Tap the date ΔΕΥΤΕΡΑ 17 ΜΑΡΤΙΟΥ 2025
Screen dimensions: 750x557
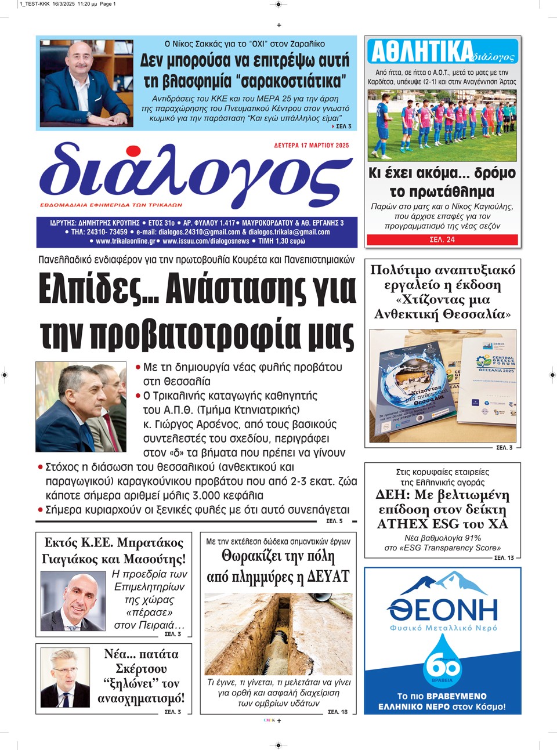(x=312, y=146)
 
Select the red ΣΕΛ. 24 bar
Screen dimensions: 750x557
(x=442, y=240)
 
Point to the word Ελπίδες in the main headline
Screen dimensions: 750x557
(x=91, y=288)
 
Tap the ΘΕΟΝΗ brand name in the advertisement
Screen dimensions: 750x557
(x=442, y=610)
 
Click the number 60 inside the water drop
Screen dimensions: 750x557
(x=443, y=667)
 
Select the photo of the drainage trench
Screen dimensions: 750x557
(x=278, y=633)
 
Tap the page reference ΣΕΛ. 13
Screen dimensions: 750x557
(x=504, y=557)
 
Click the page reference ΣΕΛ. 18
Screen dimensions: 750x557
(x=338, y=712)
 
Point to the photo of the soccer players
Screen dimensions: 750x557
(x=442, y=125)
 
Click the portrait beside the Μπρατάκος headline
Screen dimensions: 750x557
(x=73, y=602)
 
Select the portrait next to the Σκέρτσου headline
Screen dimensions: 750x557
(x=65, y=677)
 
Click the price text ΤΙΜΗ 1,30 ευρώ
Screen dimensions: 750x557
(x=281, y=241)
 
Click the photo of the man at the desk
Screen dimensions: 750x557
(x=86, y=84)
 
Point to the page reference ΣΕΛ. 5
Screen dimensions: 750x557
(x=334, y=521)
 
